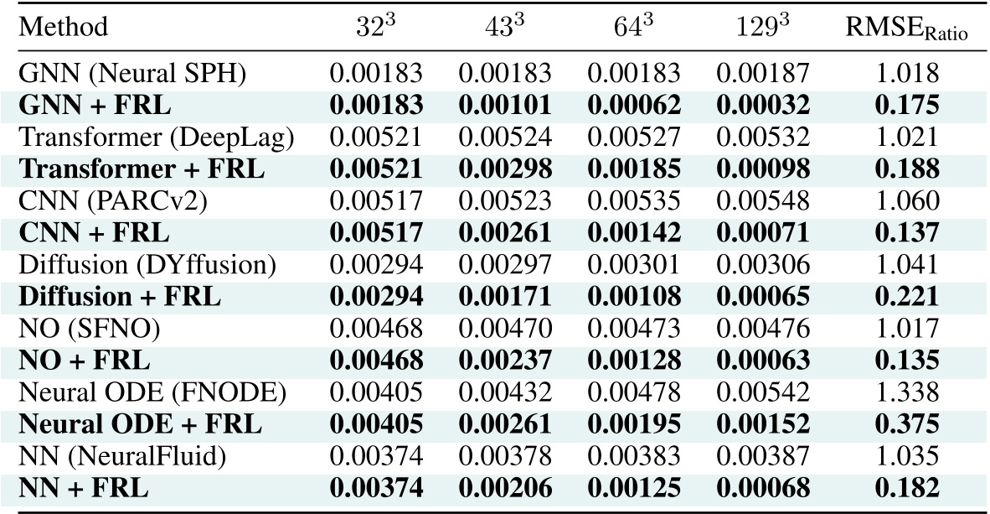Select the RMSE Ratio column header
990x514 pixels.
click(x=908, y=29)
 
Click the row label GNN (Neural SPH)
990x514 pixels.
click(x=132, y=73)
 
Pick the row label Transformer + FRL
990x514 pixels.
click(x=142, y=169)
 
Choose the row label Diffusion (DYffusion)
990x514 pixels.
click(x=147, y=265)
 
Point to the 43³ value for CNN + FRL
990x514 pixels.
click(x=505, y=233)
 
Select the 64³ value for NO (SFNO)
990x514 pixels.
click(x=634, y=329)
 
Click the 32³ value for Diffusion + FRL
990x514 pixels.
click(x=376, y=297)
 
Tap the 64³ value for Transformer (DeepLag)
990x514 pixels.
click(x=634, y=138)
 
